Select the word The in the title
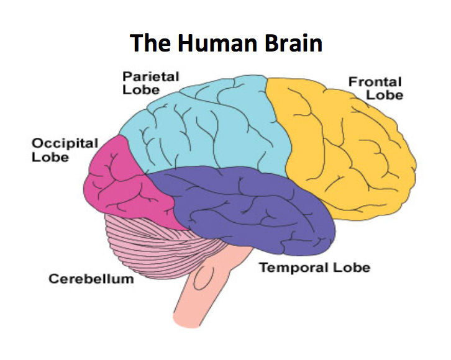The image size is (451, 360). (147, 44)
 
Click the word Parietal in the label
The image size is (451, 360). (150, 77)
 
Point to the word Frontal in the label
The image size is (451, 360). (375, 82)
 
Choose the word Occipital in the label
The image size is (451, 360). (65, 144)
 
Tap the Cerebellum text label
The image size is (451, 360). (91, 279)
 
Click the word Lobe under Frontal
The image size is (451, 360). (385, 96)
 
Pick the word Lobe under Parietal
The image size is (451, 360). (140, 90)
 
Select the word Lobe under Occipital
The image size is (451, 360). (50, 158)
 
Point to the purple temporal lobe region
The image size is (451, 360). (248, 211)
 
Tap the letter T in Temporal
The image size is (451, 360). (263, 268)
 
